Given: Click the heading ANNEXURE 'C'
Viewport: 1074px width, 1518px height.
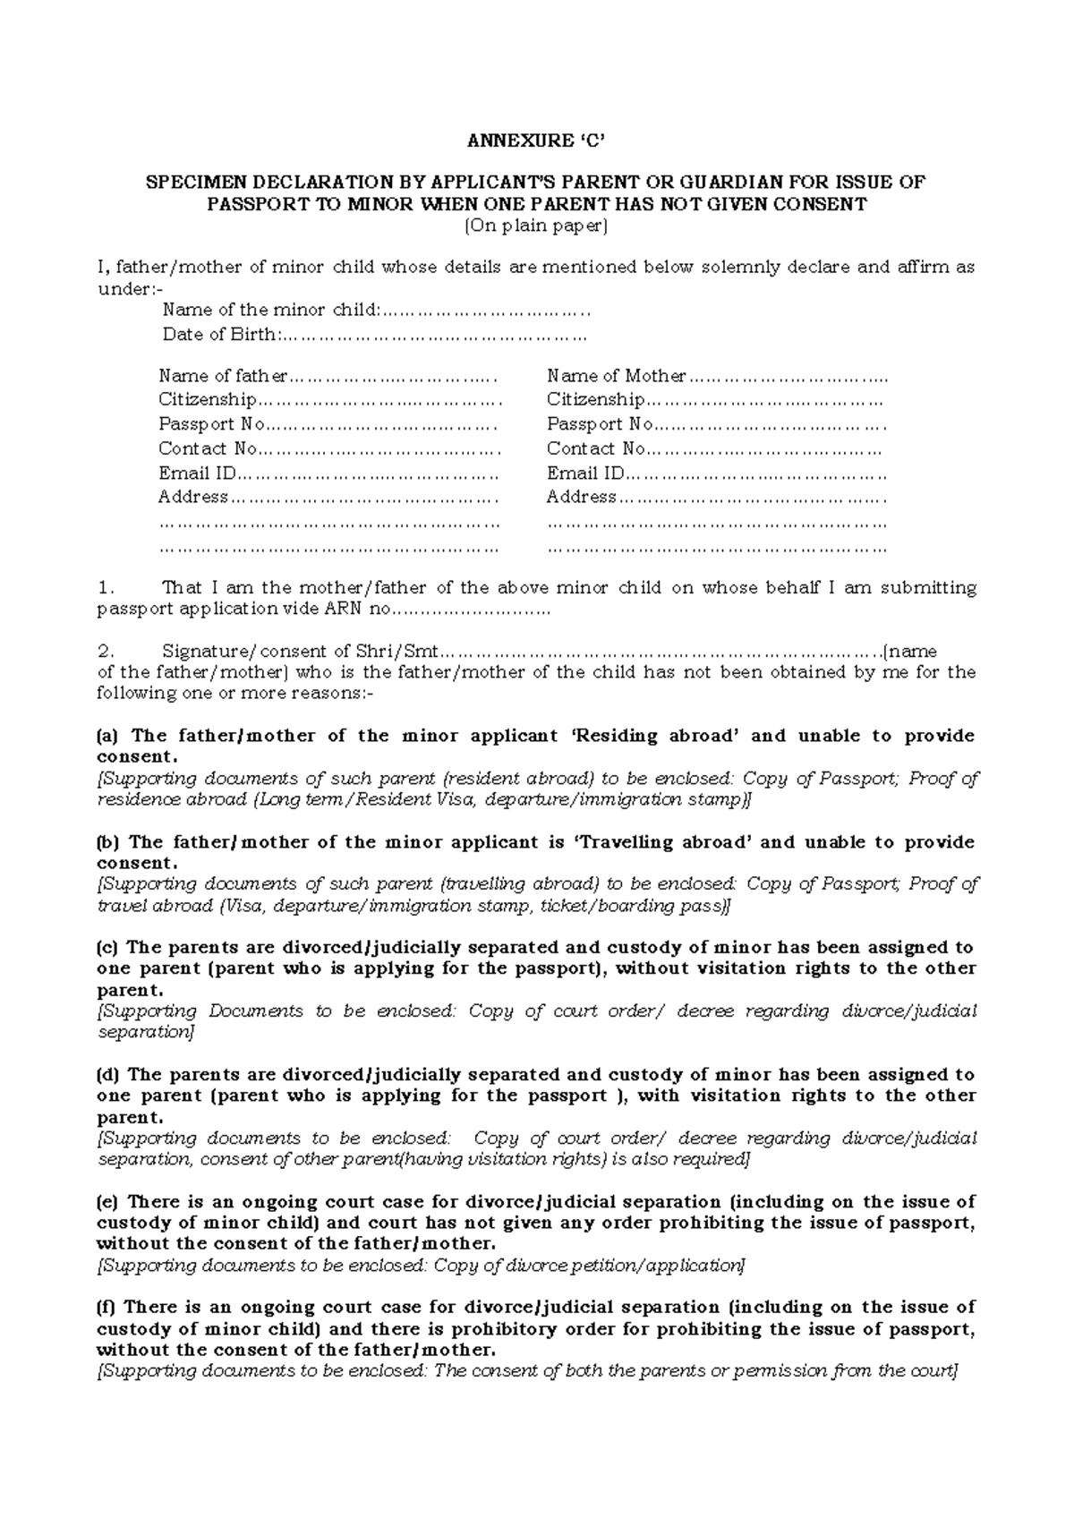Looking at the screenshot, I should click(536, 141).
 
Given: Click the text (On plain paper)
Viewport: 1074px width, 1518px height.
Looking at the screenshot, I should click(536, 226).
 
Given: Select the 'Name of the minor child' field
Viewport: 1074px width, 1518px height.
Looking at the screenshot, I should click(484, 311).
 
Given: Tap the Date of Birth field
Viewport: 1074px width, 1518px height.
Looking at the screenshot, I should click(433, 335).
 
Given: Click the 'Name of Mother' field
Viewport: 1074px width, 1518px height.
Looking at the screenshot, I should click(787, 376).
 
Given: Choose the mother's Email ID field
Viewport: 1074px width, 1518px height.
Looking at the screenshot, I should click(755, 473).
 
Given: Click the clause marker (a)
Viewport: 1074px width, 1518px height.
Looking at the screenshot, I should click(107, 737).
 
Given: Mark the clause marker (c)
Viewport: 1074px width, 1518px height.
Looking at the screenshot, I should click(107, 947).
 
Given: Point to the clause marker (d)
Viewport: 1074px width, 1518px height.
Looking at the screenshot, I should click(107, 1074).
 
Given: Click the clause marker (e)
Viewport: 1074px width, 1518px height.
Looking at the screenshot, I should click(107, 1201).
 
